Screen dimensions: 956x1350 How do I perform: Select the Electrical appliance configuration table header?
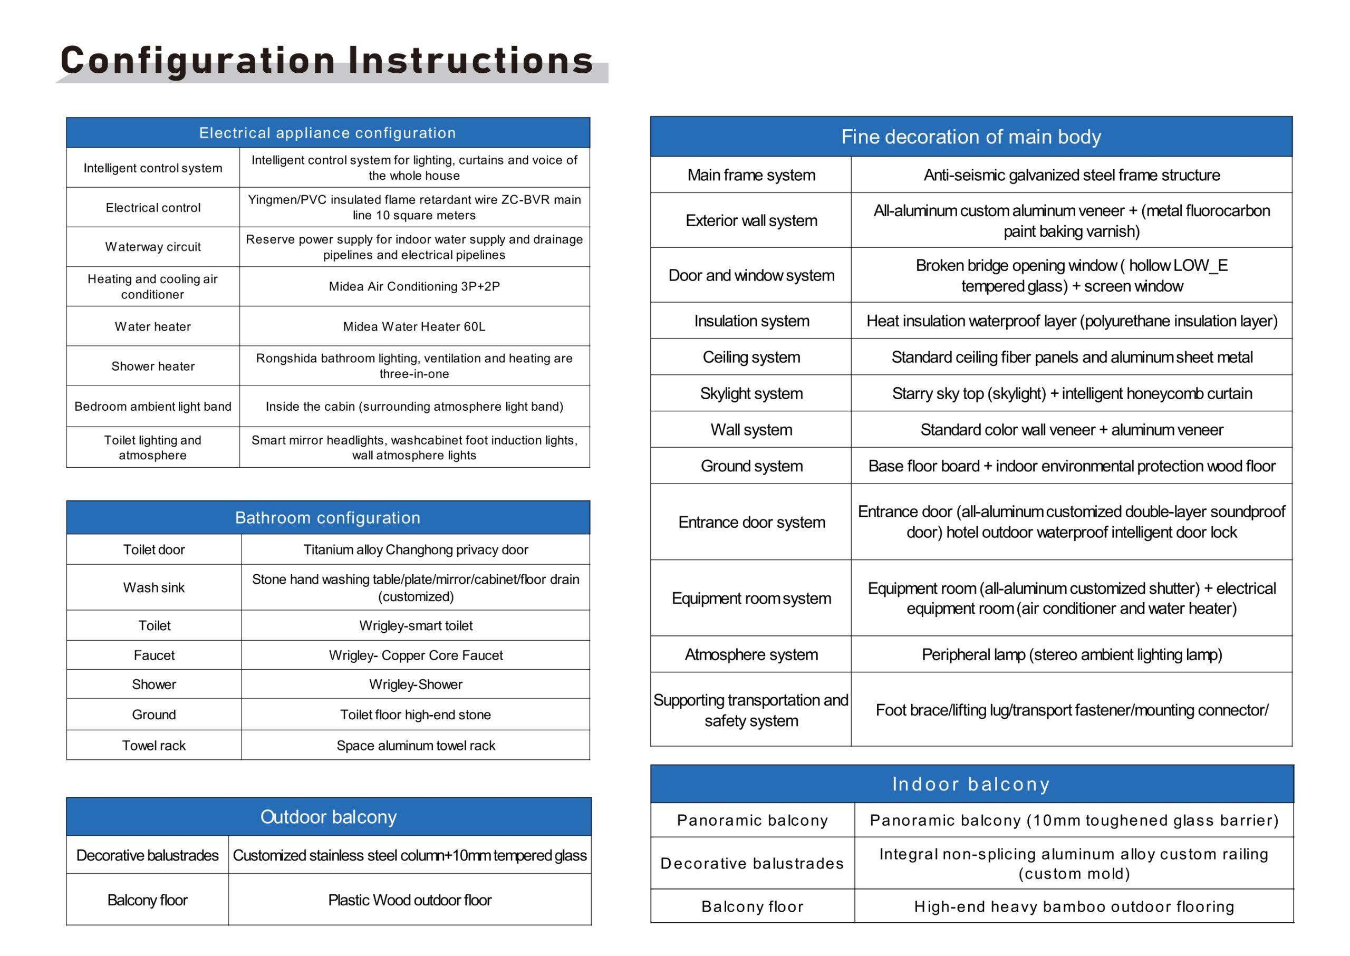[327, 133]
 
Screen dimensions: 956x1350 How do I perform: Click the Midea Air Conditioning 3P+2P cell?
[414, 287]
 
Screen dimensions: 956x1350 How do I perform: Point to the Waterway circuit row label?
[152, 247]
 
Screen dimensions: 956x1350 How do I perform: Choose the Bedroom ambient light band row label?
[152, 406]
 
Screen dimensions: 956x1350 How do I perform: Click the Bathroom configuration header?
[327, 517]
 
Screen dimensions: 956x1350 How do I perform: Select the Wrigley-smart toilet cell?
[416, 625]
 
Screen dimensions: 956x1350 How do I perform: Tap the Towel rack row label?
[153, 745]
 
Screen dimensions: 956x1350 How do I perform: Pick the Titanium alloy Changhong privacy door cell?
[416, 549]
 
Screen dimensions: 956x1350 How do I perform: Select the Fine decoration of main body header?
[971, 137]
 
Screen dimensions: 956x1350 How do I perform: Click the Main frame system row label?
[751, 175]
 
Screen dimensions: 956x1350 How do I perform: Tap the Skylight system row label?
[751, 393]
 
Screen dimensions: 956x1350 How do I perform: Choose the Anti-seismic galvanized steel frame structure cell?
[1072, 175]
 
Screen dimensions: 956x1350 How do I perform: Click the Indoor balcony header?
[971, 784]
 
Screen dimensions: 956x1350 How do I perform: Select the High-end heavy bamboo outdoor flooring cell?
[1074, 906]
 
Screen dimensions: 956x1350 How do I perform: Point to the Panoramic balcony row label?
[753, 820]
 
